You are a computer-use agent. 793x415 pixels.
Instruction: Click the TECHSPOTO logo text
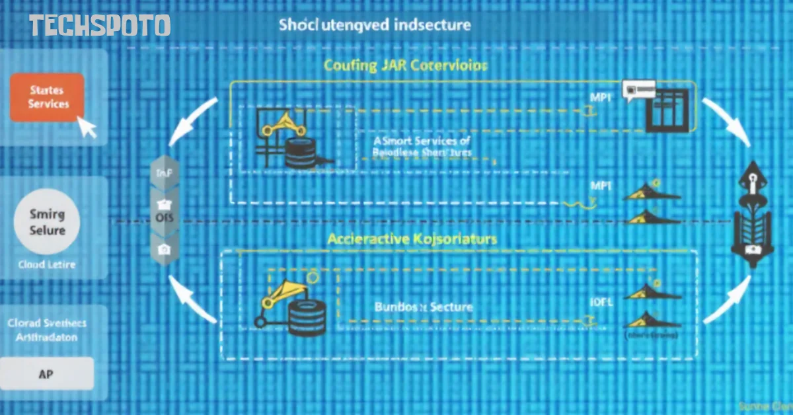(100, 26)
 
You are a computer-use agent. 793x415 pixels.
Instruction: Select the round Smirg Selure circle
(48, 222)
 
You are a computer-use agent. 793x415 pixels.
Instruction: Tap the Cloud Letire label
(47, 264)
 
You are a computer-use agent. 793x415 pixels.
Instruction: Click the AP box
(47, 373)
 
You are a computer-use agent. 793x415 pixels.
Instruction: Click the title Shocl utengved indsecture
(374, 26)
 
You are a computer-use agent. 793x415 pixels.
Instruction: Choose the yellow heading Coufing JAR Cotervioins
(405, 66)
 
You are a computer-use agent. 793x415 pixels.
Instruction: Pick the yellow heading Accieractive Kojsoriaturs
(412, 239)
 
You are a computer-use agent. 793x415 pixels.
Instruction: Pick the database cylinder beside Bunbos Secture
(306, 313)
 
